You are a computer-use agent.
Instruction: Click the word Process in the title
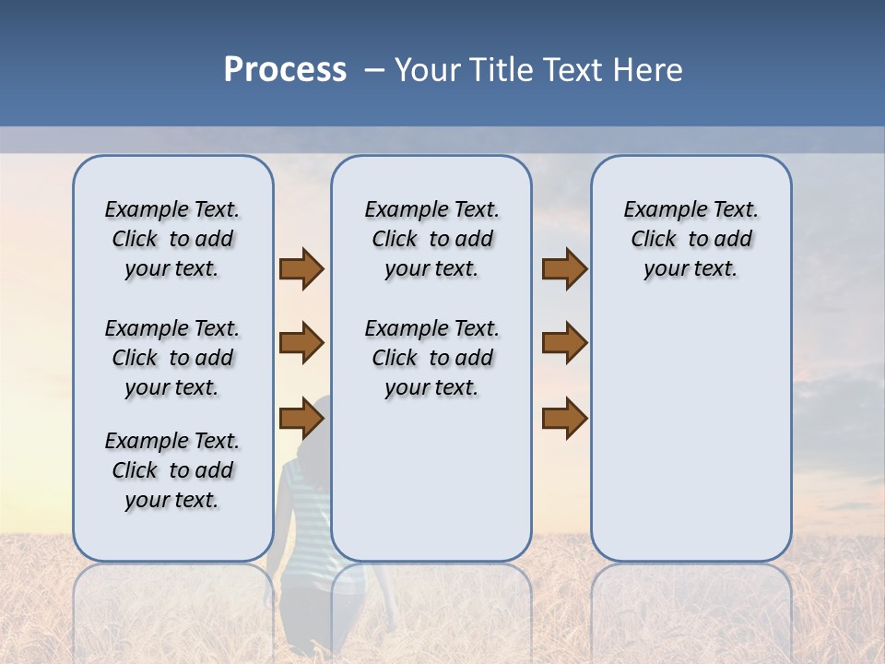tap(285, 70)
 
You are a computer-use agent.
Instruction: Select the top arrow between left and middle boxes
tap(301, 268)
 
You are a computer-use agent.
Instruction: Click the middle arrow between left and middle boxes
tap(301, 343)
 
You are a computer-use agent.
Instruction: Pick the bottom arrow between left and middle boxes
tap(301, 418)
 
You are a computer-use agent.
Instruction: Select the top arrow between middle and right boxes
tap(564, 268)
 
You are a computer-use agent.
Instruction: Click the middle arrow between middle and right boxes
tap(564, 343)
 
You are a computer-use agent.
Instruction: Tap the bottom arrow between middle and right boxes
tap(564, 418)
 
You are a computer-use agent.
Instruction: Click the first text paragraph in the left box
tap(172, 239)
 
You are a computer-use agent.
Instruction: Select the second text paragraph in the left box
tap(172, 358)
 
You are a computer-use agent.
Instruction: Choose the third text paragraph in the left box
tap(172, 470)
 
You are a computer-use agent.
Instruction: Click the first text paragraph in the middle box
tap(431, 239)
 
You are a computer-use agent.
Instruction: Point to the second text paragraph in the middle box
tap(431, 358)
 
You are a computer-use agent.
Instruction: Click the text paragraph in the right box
tap(690, 239)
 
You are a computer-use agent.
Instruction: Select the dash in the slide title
tap(374, 70)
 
